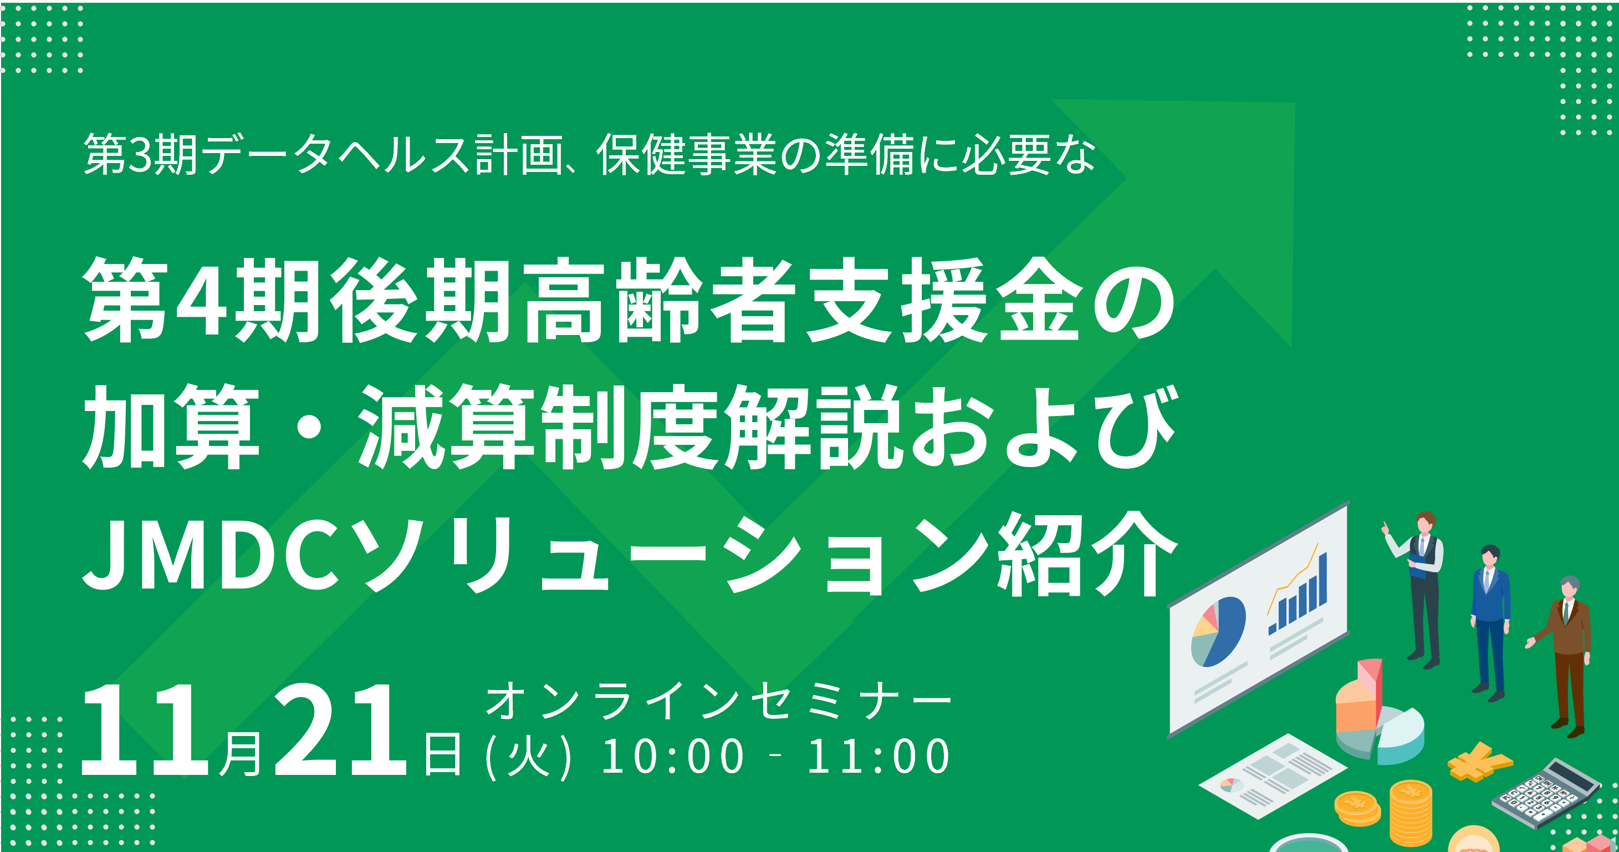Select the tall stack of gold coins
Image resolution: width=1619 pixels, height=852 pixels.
pos(1411,813)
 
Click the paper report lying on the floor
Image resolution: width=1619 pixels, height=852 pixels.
pos(1273,776)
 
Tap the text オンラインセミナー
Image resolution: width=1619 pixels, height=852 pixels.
pos(719,701)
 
